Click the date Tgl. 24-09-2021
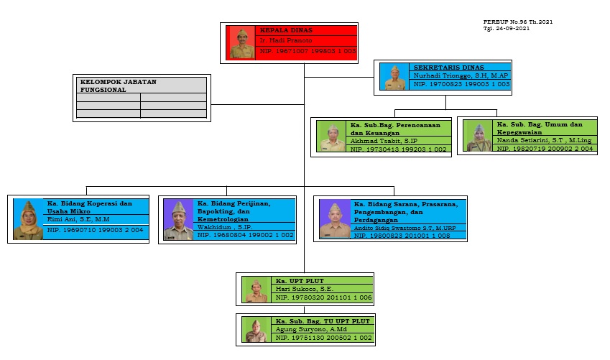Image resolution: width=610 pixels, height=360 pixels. click(507, 29)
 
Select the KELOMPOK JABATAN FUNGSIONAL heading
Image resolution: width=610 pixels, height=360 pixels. click(117, 86)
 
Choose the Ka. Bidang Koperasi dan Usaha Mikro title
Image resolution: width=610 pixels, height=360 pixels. click(90, 207)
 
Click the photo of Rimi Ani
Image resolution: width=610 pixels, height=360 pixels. click(29, 220)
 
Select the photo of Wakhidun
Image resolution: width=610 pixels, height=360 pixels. click(177, 220)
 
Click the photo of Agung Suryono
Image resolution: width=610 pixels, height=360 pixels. click(255, 330)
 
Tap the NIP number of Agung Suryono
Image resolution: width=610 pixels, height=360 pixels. click(323, 337)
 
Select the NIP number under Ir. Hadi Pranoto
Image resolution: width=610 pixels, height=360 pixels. click(308, 52)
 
